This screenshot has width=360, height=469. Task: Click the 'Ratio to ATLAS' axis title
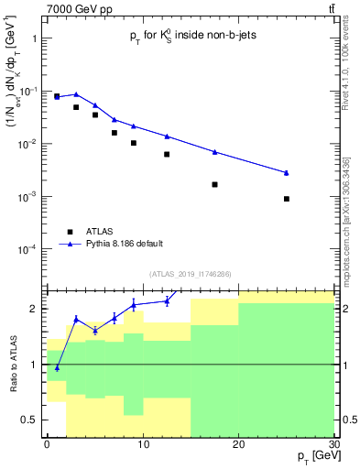tap(13, 364)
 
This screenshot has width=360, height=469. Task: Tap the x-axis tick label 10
tap(142, 443)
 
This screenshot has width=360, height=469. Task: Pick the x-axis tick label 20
tap(238, 443)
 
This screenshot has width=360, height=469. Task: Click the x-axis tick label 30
tap(333, 443)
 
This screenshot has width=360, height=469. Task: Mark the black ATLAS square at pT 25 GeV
tap(287, 199)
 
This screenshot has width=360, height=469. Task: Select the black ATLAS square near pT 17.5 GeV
tap(214, 184)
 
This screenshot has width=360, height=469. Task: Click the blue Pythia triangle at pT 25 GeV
tap(287, 172)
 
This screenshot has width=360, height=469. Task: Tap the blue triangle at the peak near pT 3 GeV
tap(76, 93)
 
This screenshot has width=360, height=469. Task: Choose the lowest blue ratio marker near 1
tap(57, 367)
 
